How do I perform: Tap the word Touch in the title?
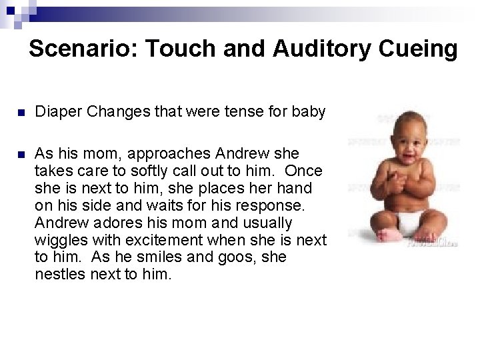[177, 49]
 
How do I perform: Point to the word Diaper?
[55, 112]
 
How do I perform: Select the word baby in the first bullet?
[311, 112]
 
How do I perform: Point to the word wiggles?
[58, 239]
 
